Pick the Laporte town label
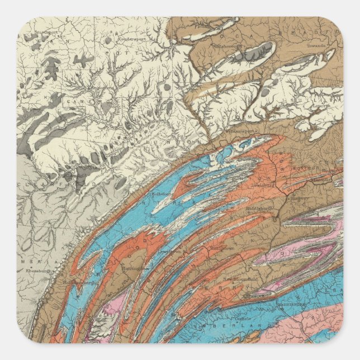[x=320, y=105]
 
